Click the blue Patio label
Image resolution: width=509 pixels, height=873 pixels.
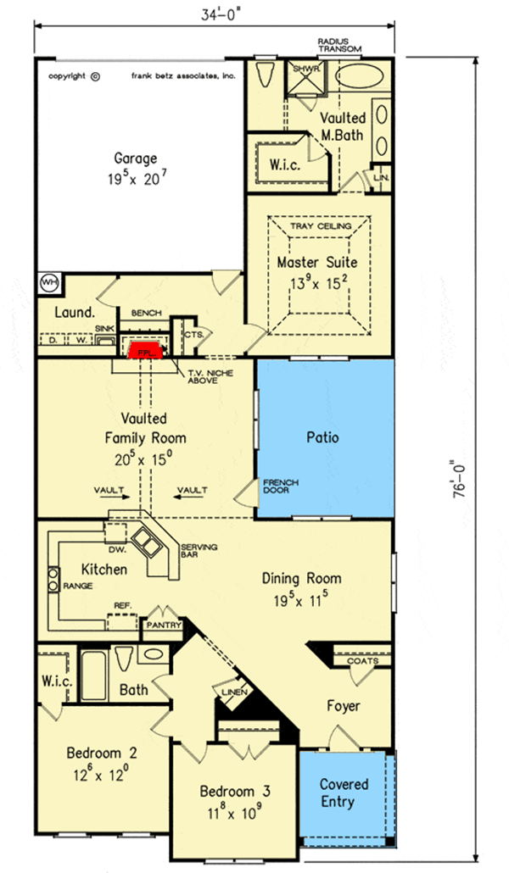322,438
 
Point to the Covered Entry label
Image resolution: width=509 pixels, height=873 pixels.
332,793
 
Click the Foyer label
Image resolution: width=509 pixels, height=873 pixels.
343,705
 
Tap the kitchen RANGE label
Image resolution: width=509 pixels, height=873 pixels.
77,585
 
